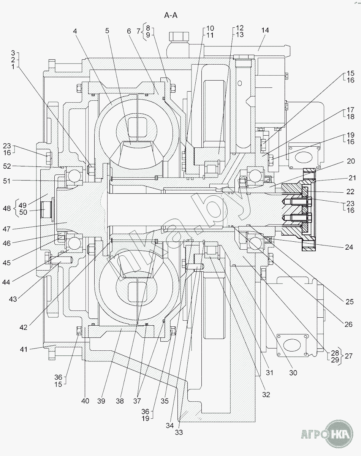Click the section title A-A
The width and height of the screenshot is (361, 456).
(171, 16)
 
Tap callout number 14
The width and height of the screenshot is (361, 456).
(265, 30)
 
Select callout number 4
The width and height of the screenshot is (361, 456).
(75, 31)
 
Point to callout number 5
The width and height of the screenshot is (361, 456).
(107, 31)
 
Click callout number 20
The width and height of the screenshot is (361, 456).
(351, 161)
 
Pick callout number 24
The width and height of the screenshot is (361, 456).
(349, 247)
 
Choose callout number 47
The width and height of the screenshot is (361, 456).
(6, 229)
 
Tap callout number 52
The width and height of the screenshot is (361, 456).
(7, 166)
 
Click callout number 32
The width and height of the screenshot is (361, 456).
(266, 394)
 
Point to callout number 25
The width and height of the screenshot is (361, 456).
(350, 302)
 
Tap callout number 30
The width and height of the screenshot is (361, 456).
(293, 378)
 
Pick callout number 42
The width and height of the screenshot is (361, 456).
(23, 328)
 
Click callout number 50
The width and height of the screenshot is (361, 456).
(23, 212)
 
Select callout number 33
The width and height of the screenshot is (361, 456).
(179, 432)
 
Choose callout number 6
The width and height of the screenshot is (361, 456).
(129, 31)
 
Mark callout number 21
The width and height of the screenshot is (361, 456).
(352, 178)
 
